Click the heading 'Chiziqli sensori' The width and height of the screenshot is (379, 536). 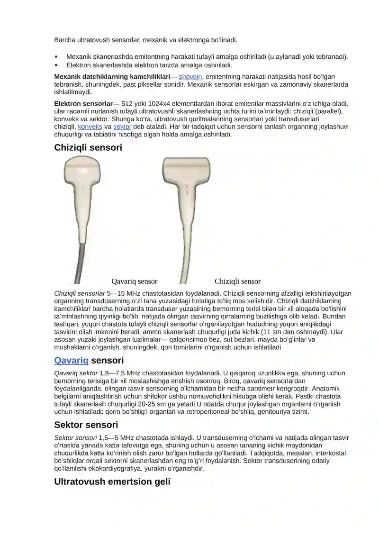[x=88, y=148]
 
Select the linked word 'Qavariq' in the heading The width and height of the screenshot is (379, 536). [x=72, y=361]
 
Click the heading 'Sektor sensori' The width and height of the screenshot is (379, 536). [x=86, y=425]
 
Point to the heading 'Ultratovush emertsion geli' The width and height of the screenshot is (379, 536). [x=112, y=482]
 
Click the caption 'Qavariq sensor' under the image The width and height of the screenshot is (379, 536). [x=134, y=282]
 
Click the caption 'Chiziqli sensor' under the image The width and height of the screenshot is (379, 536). [x=237, y=282]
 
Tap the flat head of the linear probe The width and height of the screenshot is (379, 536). [x=186, y=169]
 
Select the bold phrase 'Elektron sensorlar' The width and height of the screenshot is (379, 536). [x=83, y=104]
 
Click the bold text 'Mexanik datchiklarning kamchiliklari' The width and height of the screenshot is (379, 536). [x=112, y=77]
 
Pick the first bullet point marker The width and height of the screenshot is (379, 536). [x=56, y=57]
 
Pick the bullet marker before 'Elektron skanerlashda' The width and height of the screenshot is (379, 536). [x=56, y=65]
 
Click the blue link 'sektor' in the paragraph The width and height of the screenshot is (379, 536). [x=122, y=127]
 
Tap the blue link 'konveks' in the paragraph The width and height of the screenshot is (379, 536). [x=90, y=127]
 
